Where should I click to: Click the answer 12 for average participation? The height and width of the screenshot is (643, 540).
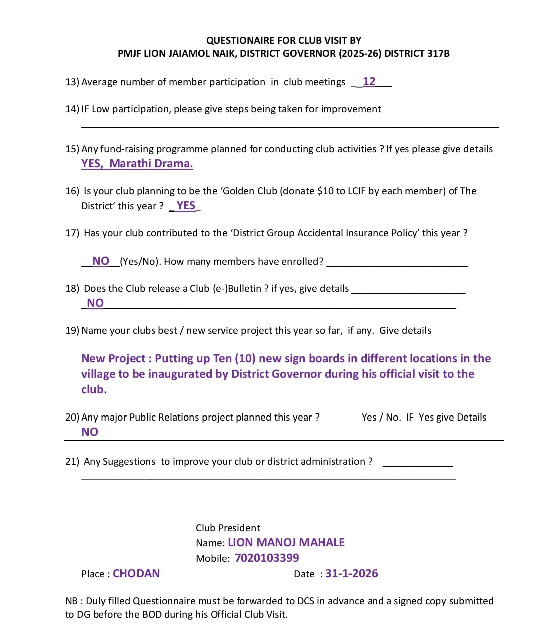pos(369,81)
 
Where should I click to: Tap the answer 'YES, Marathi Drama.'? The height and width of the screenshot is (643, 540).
pos(137,164)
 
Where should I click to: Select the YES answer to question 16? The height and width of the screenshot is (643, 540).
pos(186,206)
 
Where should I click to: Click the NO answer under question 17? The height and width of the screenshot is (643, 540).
pos(101,261)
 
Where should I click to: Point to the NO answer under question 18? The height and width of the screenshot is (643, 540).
pos(95,303)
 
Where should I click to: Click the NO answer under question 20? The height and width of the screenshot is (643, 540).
pos(90,432)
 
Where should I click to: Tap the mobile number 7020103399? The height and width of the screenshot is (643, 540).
pos(267,558)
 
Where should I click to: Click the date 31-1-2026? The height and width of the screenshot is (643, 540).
pos(351,573)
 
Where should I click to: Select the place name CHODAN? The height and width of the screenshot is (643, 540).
pos(136,573)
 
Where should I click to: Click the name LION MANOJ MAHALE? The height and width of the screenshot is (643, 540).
pos(286,542)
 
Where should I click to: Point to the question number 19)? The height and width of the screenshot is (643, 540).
pos(72,330)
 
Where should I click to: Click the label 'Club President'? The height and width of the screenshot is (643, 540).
pos(228,528)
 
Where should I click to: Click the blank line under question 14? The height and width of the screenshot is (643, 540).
pos(290,126)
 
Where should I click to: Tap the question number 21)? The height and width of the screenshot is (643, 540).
pos(72,461)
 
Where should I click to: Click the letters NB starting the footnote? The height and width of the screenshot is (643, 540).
pos(71,601)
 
